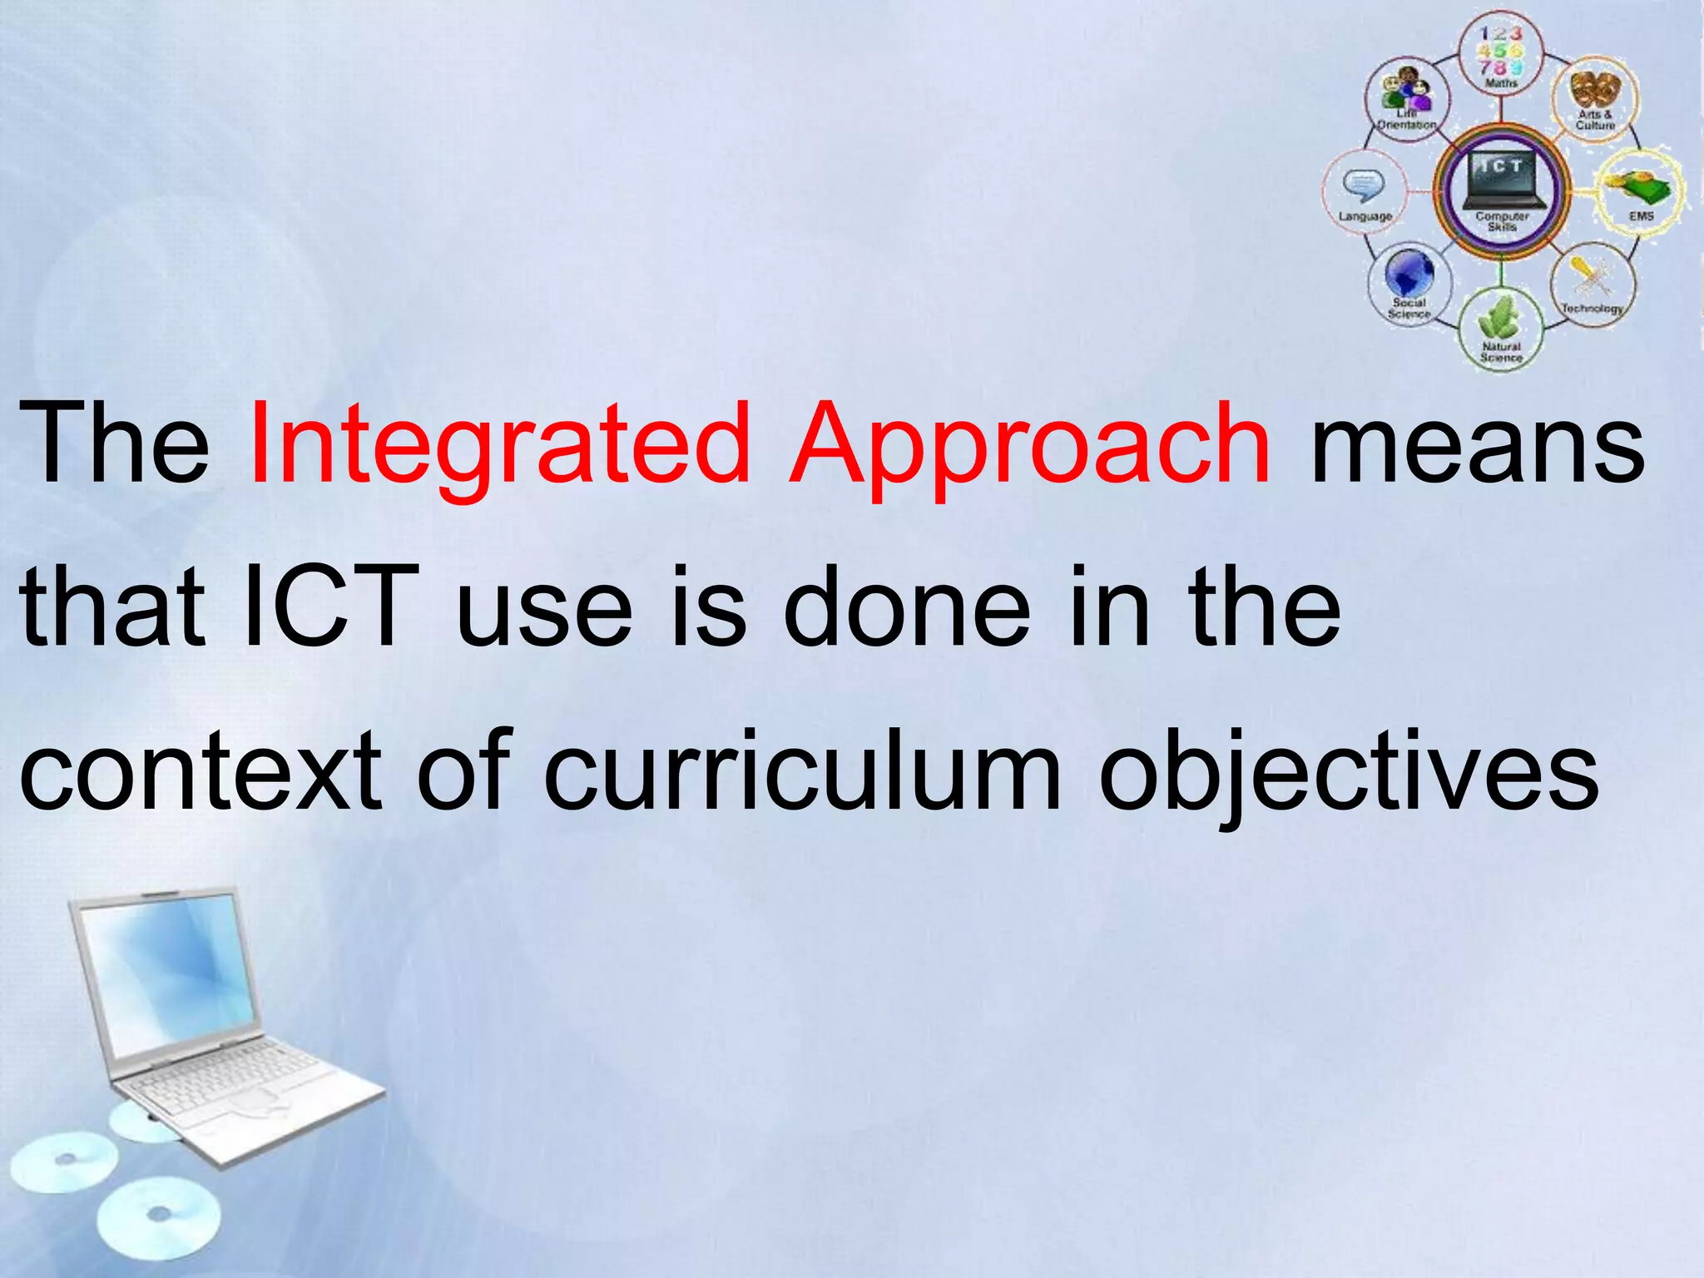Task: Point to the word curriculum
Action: pyautogui.click(x=802, y=770)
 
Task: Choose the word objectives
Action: pyautogui.click(x=1348, y=770)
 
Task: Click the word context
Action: pyautogui.click(x=200, y=770)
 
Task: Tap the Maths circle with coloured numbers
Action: pyautogui.click(x=1501, y=52)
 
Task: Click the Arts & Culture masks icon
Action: pyautogui.click(x=1595, y=92)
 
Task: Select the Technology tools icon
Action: pyautogui.click(x=1591, y=279)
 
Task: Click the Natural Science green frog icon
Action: pyautogui.click(x=1500, y=320)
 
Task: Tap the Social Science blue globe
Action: pyautogui.click(x=1409, y=275)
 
